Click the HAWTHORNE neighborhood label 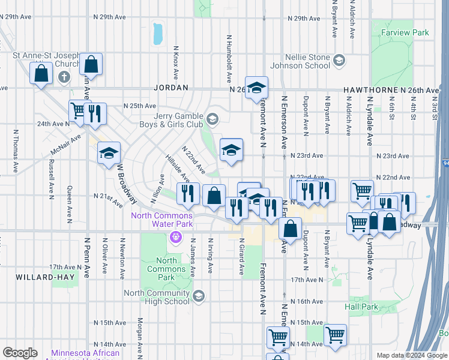367,90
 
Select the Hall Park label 362,307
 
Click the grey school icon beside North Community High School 198,296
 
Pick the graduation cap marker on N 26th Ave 256,88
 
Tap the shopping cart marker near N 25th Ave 79,110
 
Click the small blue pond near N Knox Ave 157,34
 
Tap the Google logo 20,353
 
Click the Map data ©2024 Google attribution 411,355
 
